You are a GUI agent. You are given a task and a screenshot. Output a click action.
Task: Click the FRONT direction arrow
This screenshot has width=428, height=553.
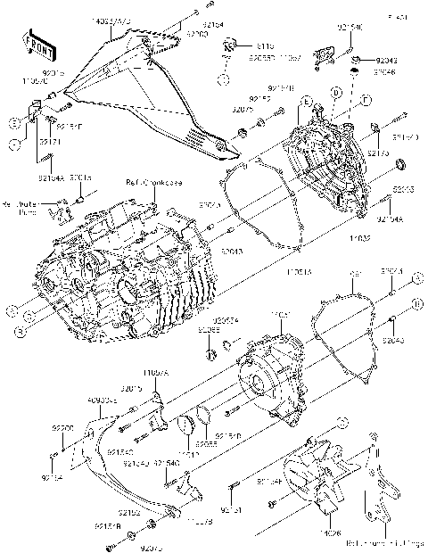coord(33,43)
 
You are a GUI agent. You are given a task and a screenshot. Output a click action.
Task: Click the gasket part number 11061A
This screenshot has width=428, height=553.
coord(298,268)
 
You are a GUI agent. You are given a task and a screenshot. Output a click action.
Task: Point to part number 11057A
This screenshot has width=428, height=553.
coord(155,370)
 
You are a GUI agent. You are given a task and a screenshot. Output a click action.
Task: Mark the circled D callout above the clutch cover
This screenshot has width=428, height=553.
coord(336,92)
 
